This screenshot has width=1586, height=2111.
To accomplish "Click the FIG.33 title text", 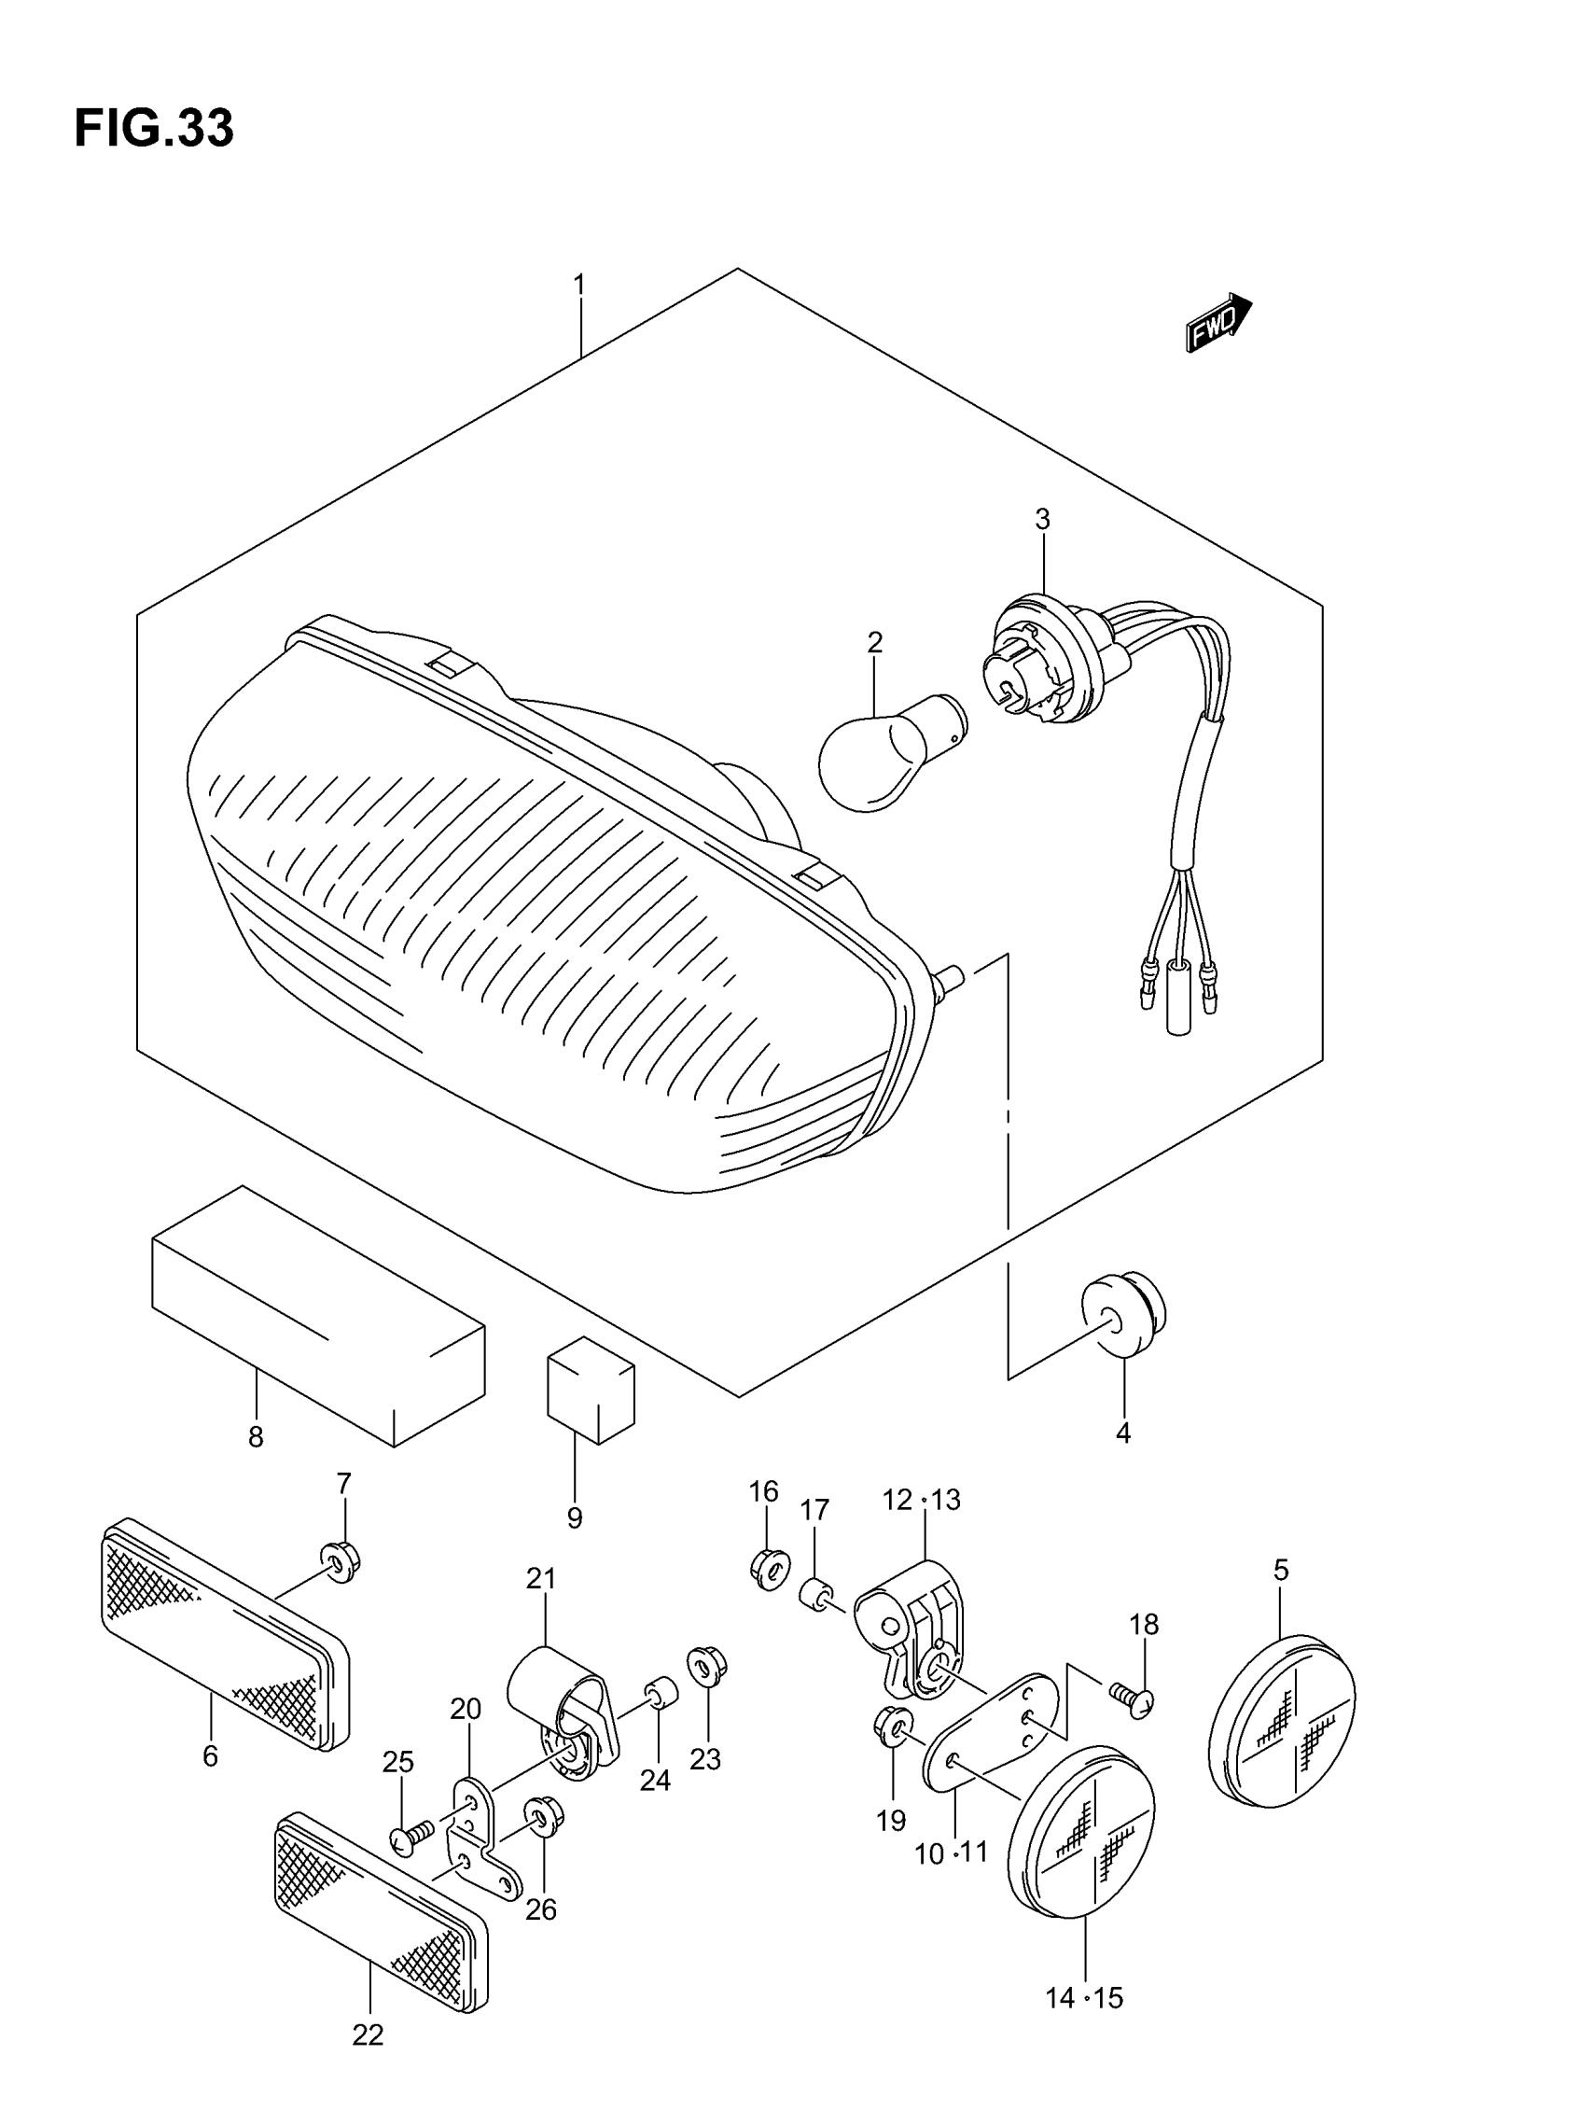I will click(x=154, y=130).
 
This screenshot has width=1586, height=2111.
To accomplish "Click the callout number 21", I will click(x=541, y=1579).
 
